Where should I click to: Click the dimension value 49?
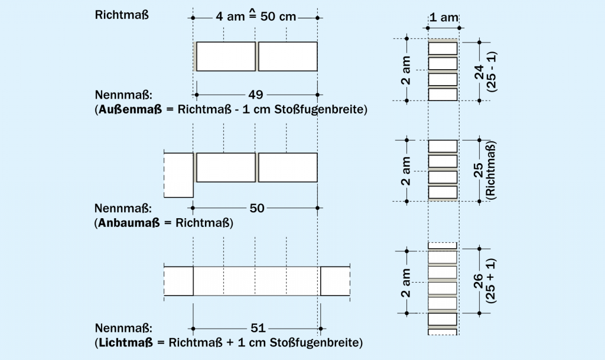[256, 95]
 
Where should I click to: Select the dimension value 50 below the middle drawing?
[256, 207]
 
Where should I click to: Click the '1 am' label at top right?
[443, 17]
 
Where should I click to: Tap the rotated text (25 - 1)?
[492, 72]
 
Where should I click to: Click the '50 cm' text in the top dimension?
[278, 17]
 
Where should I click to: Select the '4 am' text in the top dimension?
[227, 17]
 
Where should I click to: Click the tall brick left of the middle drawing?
[178, 175]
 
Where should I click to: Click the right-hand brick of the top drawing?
[288, 57]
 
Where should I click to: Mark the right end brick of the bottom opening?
[335, 281]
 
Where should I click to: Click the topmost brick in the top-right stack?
[443, 48]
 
